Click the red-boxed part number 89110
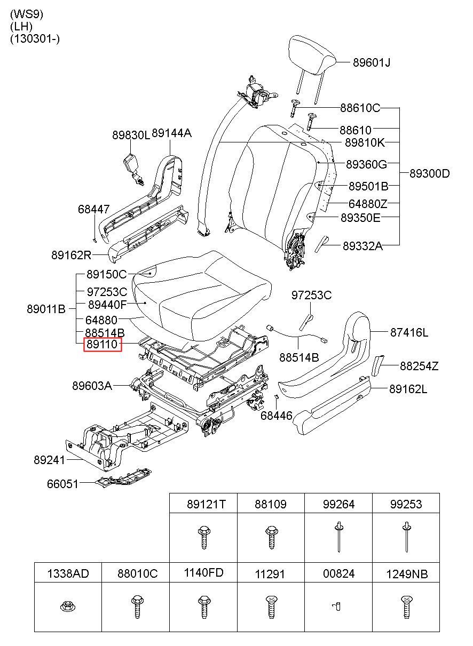[x=103, y=344]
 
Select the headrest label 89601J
[x=372, y=62]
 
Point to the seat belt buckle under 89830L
[x=133, y=170]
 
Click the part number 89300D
[x=430, y=173]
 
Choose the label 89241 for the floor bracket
[x=49, y=460]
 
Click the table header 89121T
[x=206, y=504]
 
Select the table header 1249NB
[x=407, y=574]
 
